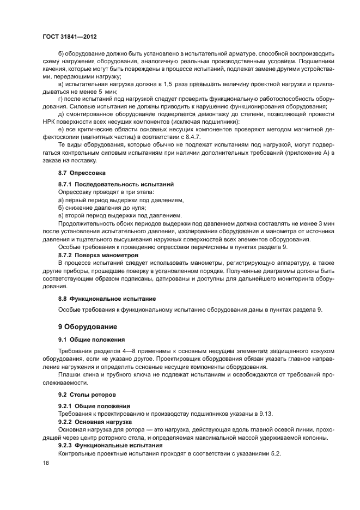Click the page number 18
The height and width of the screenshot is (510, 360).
pyautogui.click(x=45, y=462)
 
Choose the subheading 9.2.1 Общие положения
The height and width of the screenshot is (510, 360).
pyautogui.click(x=94, y=406)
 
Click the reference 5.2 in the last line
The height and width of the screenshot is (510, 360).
pyautogui.click(x=274, y=453)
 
